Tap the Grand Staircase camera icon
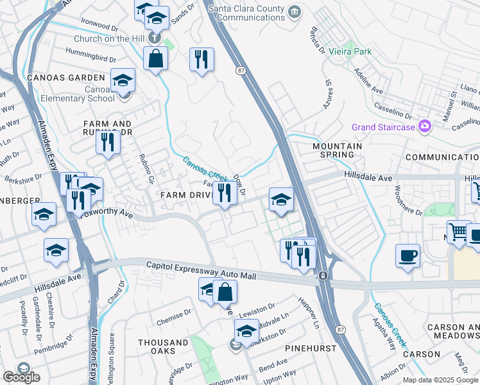click(x=424, y=126)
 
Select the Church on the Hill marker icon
click(x=154, y=37)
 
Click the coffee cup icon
click(x=407, y=255)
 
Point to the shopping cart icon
click(x=459, y=232)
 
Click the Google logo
click(x=21, y=377)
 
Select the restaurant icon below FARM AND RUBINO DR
click(x=108, y=142)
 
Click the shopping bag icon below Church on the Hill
click(x=155, y=59)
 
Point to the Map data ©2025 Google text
click(x=440, y=380)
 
